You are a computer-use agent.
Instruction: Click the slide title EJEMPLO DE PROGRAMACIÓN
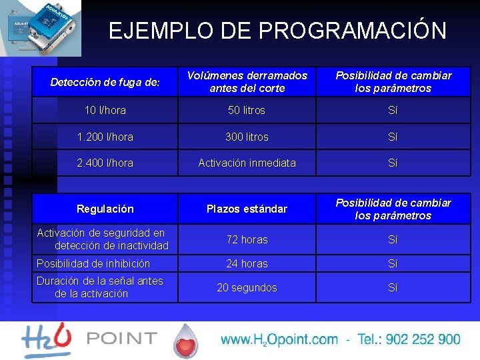[x=277, y=31]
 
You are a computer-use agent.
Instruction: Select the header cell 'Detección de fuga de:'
[x=105, y=83]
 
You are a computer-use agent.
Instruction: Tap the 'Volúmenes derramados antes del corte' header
[x=247, y=82]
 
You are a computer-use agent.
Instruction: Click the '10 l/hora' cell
[x=105, y=110]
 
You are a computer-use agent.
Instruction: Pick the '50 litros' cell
[x=247, y=110]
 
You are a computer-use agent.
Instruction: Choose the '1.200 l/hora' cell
[x=105, y=137]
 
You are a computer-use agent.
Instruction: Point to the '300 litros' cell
[x=247, y=137]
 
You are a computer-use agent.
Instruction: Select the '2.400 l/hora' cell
[x=105, y=163]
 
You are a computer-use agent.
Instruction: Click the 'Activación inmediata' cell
[x=247, y=163]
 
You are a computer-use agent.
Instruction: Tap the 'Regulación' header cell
[x=105, y=209]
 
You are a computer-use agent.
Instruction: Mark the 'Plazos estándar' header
[x=247, y=209]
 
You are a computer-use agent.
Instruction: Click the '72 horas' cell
[x=247, y=239]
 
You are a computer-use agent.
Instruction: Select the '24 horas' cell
[x=247, y=263]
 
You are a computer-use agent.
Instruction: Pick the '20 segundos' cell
[x=247, y=287]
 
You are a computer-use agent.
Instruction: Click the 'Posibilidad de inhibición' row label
[x=93, y=263]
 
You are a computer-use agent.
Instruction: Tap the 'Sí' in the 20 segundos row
[x=393, y=287]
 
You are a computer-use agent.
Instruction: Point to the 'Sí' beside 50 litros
[x=393, y=110]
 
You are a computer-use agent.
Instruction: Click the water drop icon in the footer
[x=187, y=341]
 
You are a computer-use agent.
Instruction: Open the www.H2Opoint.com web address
[x=279, y=339]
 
